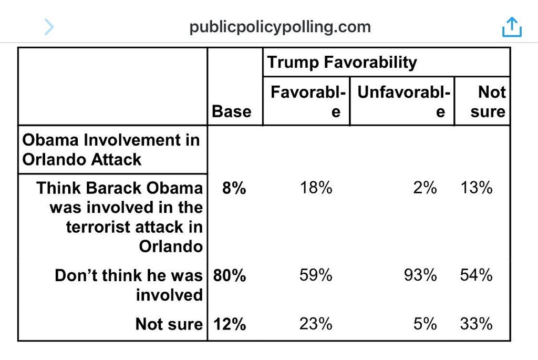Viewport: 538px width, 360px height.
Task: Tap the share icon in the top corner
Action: pos(511,27)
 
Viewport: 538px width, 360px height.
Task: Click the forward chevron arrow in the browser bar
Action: pos(49,27)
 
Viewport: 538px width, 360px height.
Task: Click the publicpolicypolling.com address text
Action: pos(280,27)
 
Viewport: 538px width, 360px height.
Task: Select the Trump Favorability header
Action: pos(342,63)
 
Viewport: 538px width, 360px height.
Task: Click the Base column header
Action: pos(231,111)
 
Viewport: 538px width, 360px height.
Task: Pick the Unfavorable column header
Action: pos(403,101)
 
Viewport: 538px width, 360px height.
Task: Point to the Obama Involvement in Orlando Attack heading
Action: pos(111,150)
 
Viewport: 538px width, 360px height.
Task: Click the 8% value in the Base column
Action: pos(234,188)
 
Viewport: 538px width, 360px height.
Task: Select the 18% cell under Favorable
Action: pos(316,188)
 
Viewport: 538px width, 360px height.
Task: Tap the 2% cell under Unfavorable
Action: pos(425,188)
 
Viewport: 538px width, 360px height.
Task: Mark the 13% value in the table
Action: pos(476,188)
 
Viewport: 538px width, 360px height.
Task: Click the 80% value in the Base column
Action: pos(230,275)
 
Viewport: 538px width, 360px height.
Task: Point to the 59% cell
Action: pos(316,275)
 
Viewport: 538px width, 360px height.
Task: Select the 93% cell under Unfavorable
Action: pos(420,275)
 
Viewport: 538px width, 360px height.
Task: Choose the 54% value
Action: pos(476,275)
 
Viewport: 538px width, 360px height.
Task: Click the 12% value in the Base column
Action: pos(230,324)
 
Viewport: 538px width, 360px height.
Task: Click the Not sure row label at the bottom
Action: pos(169,324)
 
